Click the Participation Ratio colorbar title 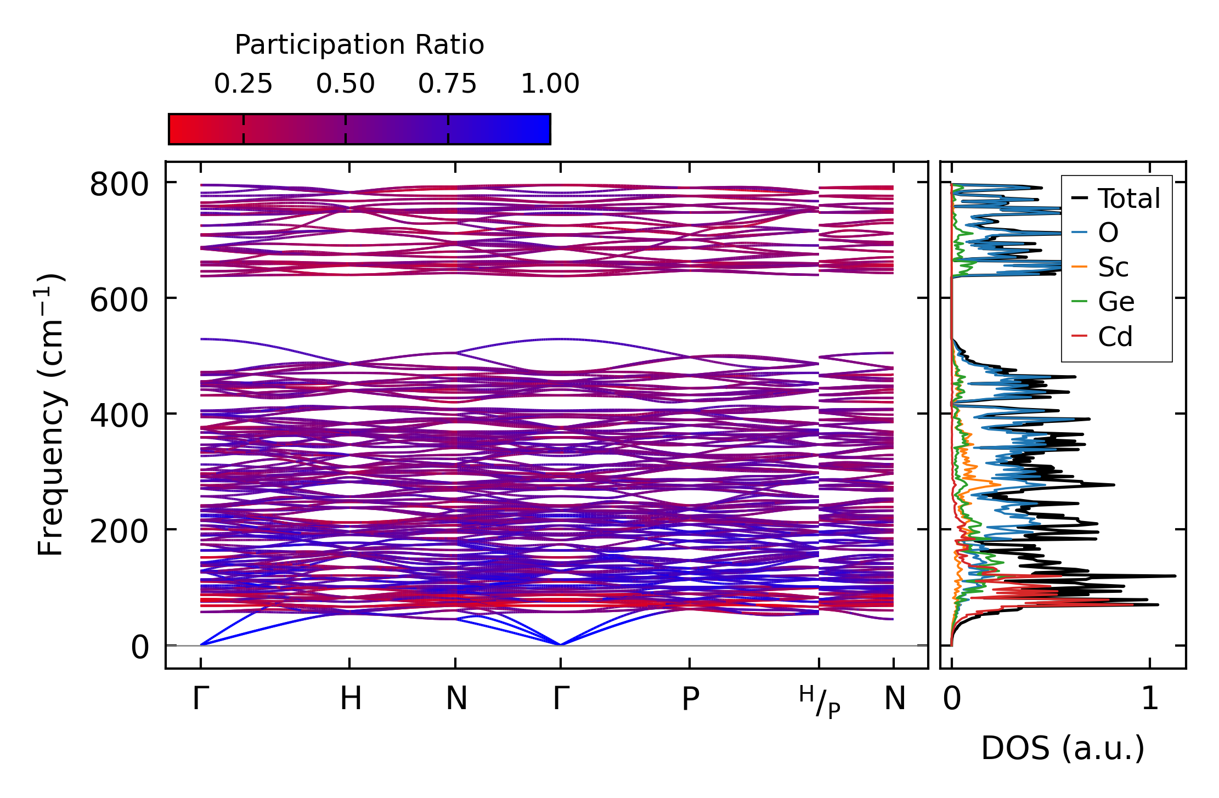coord(359,45)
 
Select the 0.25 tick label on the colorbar coord(243,84)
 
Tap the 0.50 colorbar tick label coord(345,84)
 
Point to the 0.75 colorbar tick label coord(448,84)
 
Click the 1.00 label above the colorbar coord(550,84)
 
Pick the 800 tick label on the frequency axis coord(119,185)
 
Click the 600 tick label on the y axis coord(119,301)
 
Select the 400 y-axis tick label coord(119,416)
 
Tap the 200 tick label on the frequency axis coord(119,532)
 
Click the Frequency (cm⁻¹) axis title coord(50,415)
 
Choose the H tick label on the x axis coord(351,699)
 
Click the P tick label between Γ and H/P coord(690,699)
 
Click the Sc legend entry coord(1113,268)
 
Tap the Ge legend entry coord(1116,302)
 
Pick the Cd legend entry coord(1115,337)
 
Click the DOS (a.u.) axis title coord(1063,749)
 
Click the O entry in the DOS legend coord(1108,233)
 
